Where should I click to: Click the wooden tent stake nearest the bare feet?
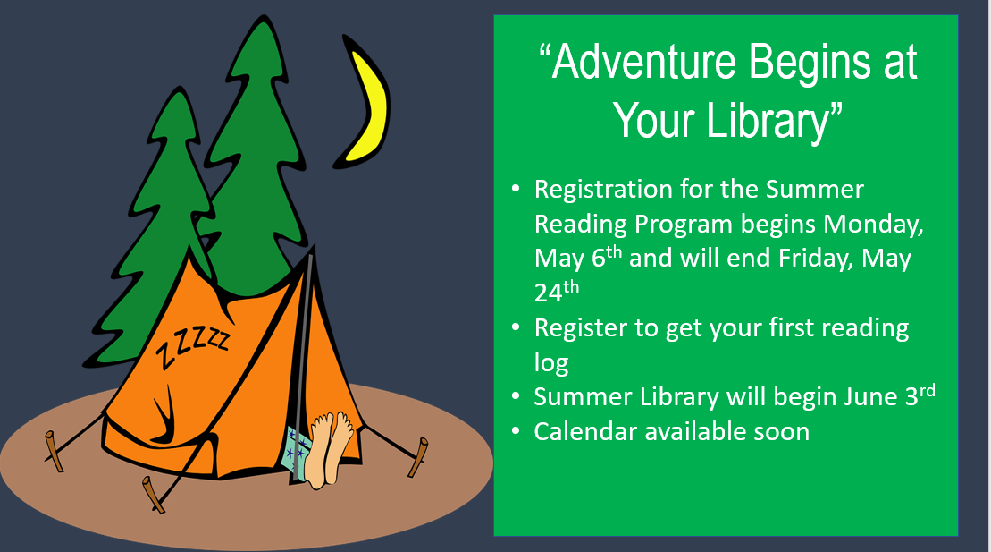coord(418,456)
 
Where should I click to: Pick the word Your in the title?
coord(656,120)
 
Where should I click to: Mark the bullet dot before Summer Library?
coord(516,397)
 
